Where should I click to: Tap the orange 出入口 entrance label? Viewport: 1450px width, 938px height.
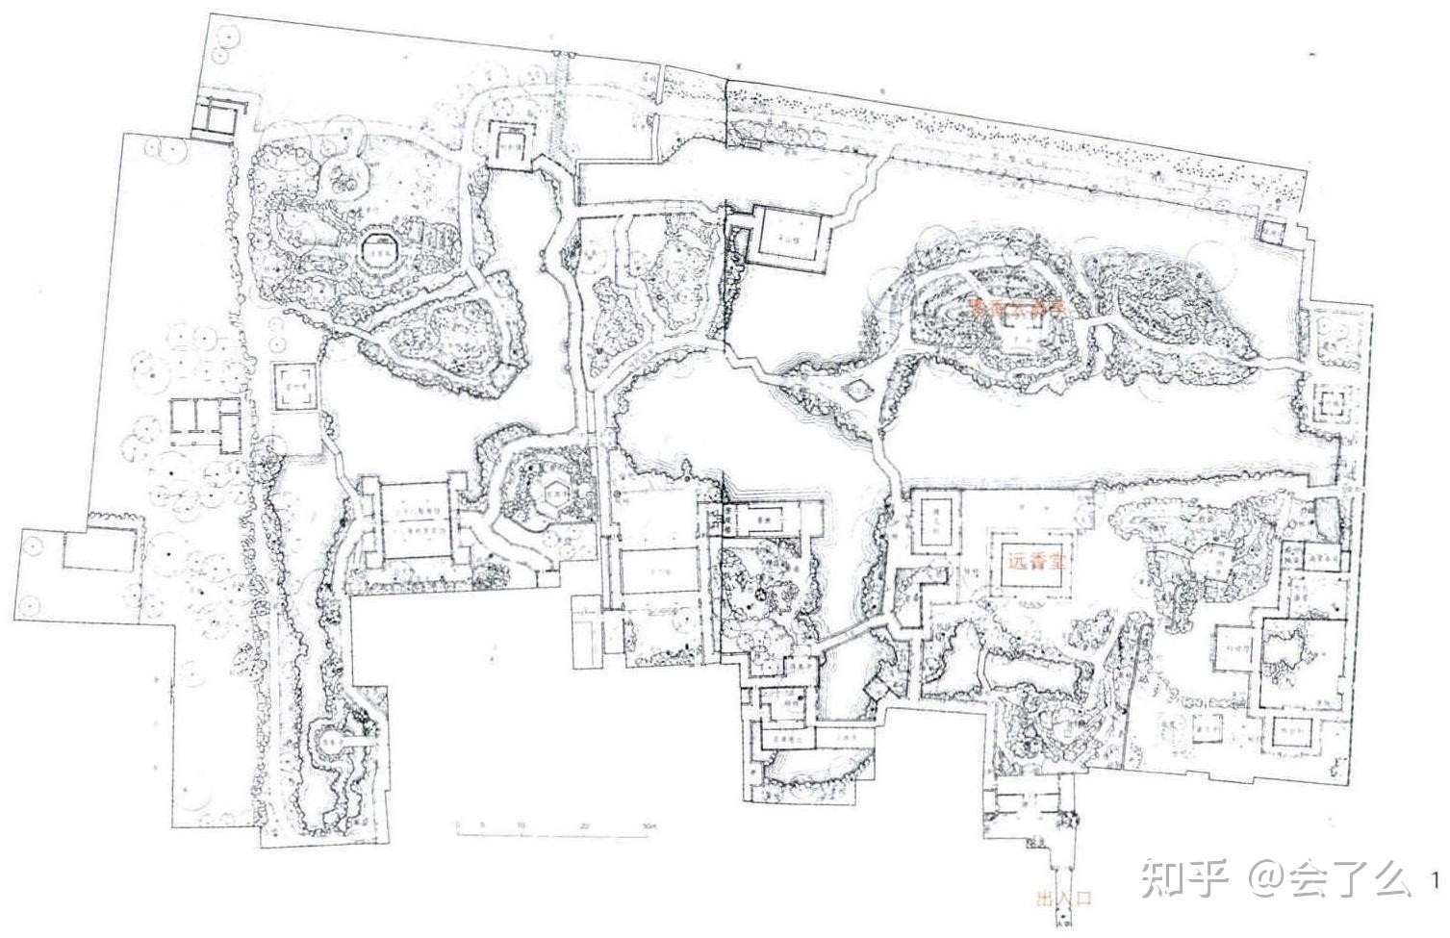pyautogui.click(x=1064, y=900)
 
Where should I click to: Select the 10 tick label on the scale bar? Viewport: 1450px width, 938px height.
pyautogui.click(x=521, y=826)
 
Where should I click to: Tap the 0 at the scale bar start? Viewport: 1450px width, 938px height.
pyautogui.click(x=458, y=826)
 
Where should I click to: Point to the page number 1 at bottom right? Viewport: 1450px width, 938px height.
pyautogui.click(x=1436, y=879)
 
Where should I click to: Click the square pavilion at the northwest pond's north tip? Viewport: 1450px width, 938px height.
pyautogui.click(x=508, y=143)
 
